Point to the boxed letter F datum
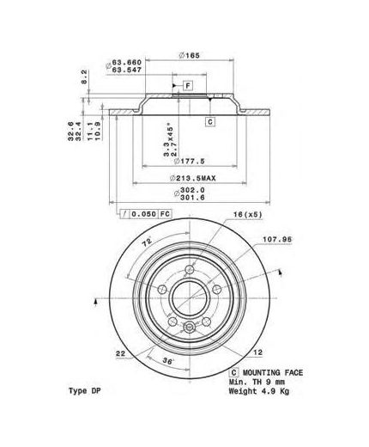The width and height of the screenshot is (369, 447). pos(186,86)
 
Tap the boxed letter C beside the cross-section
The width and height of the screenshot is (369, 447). pos(209,123)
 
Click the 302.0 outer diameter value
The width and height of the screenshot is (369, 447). pos(191,192)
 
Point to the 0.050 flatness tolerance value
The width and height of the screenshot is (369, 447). pos(142,212)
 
